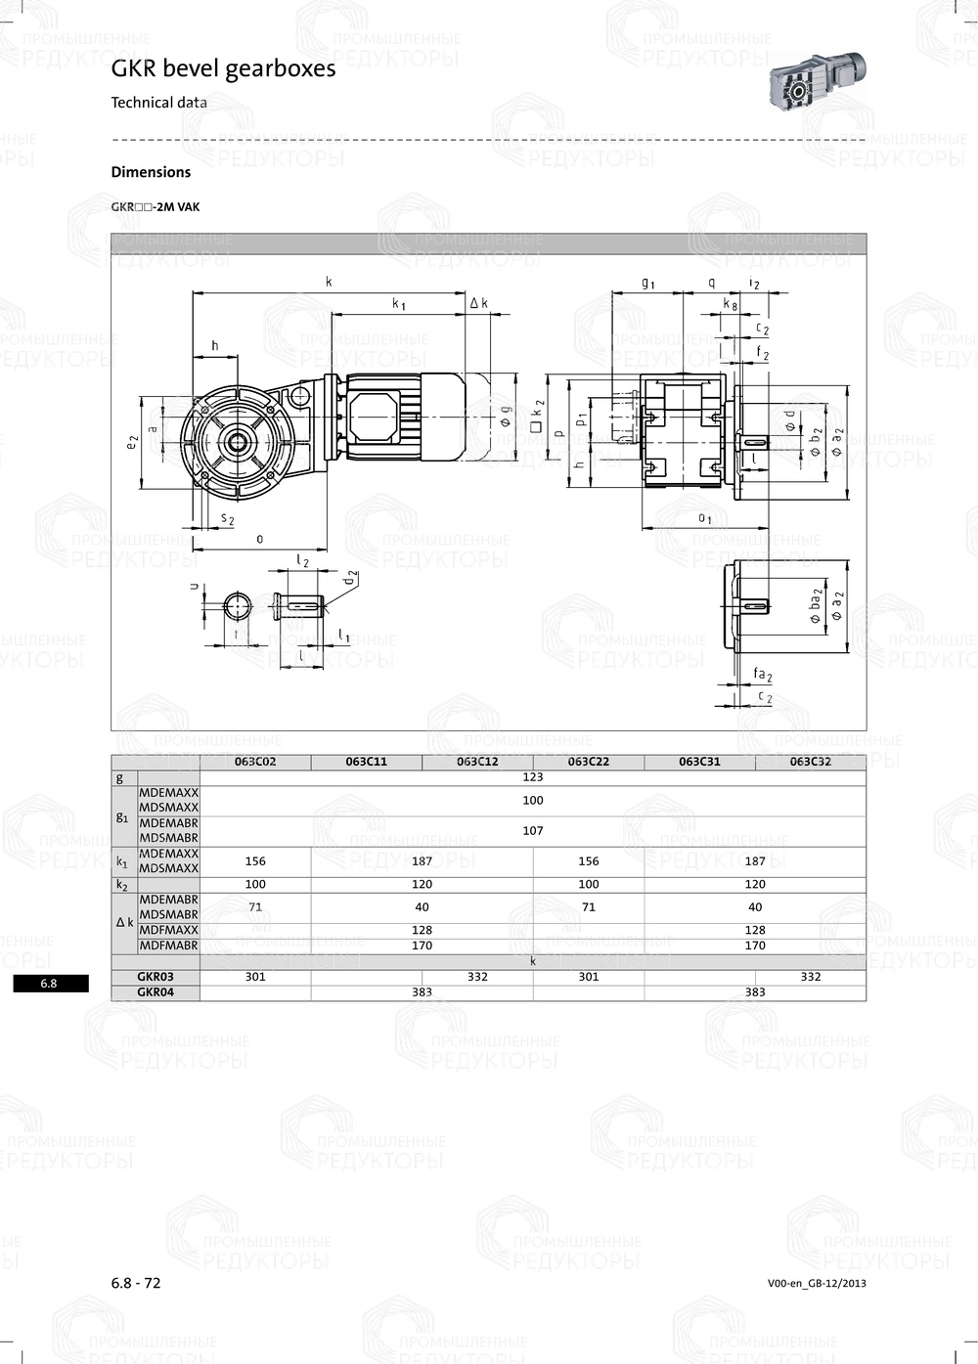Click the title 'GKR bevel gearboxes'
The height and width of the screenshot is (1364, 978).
click(x=223, y=68)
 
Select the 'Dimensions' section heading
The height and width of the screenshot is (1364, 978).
click(x=151, y=172)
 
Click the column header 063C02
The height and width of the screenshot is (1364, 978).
click(x=255, y=762)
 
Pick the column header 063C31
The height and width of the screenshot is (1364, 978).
click(x=699, y=762)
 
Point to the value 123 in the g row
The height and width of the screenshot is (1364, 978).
click(x=532, y=777)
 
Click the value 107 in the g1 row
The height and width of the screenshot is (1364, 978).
click(x=532, y=830)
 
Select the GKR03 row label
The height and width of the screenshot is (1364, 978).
click(x=156, y=977)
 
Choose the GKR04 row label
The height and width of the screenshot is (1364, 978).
click(x=156, y=991)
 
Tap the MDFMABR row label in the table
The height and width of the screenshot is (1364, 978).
click(x=168, y=946)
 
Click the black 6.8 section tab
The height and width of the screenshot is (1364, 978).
click(x=50, y=984)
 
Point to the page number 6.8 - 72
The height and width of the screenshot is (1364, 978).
click(x=136, y=1283)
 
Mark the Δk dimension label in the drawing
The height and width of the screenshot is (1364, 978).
click(x=478, y=304)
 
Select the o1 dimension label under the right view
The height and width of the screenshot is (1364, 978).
click(x=704, y=517)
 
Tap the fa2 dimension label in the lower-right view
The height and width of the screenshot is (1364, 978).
click(x=762, y=675)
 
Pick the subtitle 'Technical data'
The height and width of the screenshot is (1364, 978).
click(x=158, y=103)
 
